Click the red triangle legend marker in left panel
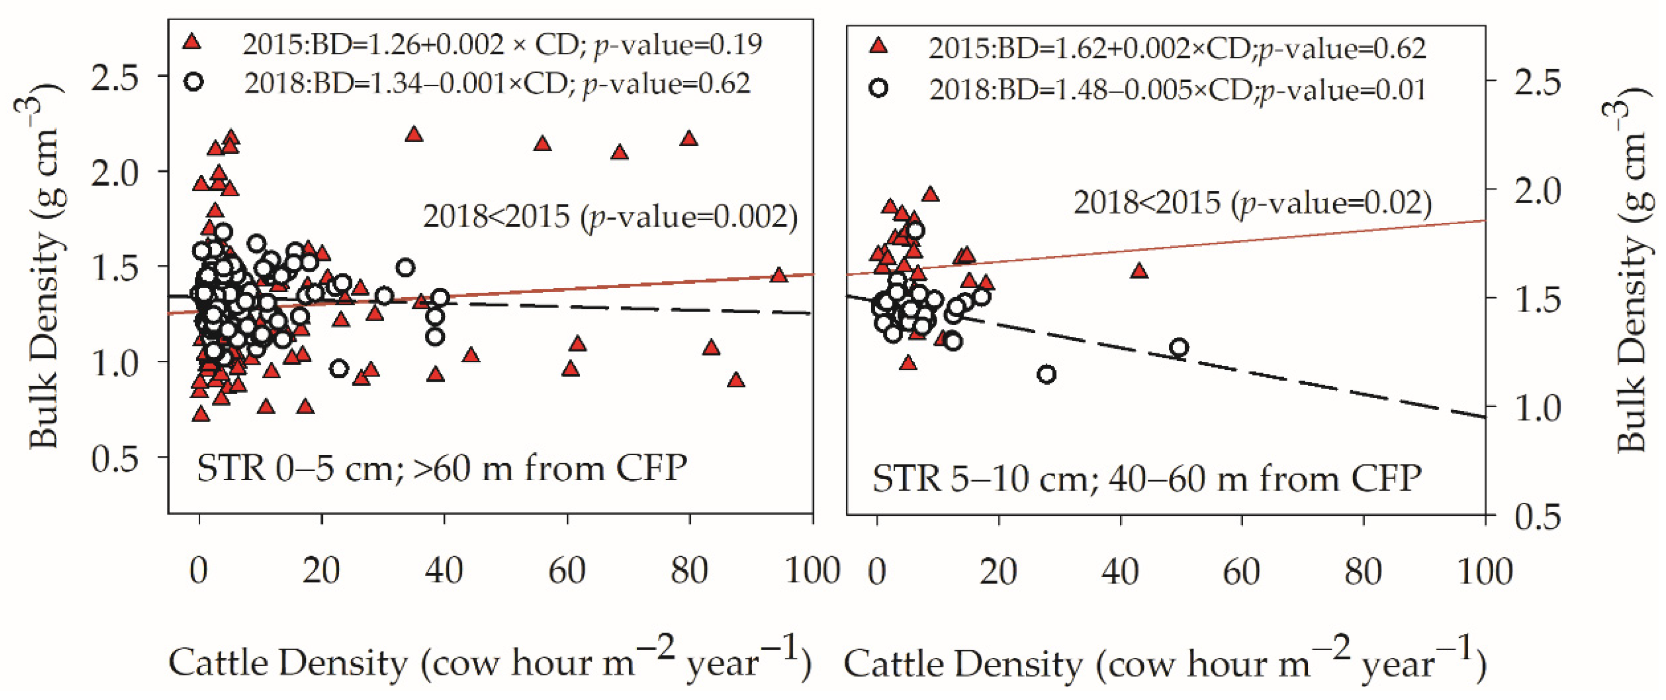(192, 43)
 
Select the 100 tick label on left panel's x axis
(811, 571)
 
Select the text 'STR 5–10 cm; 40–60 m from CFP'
(1146, 479)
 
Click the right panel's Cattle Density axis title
(1164, 664)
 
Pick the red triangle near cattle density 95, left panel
(779, 276)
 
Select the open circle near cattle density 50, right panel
(1179, 348)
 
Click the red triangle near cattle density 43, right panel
(1139, 272)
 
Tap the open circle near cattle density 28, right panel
(1046, 374)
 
